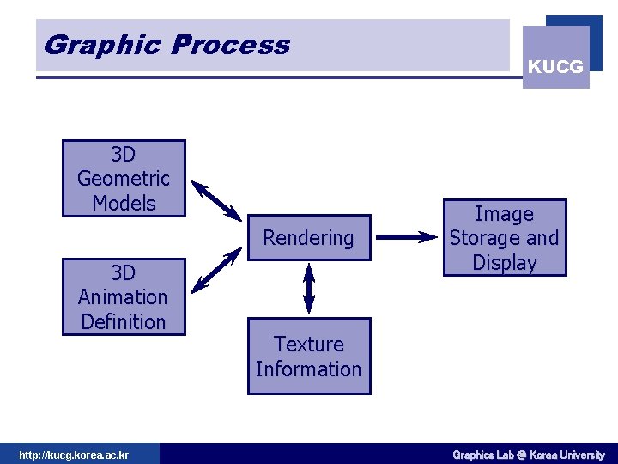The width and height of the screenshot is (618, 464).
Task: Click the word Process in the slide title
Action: [x=231, y=45]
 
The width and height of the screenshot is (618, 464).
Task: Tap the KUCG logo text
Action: [x=555, y=66]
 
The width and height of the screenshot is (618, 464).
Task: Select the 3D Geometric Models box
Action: [x=124, y=178]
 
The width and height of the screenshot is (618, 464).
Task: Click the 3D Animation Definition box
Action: [x=124, y=296]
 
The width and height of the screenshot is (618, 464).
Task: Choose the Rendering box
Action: [x=308, y=238]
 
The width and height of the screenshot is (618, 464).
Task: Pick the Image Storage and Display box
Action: [x=504, y=238]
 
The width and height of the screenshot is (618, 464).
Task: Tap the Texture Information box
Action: [x=309, y=357]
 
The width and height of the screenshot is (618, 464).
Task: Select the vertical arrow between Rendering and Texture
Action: [x=309, y=288]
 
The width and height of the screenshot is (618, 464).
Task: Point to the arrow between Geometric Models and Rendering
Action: [x=216, y=200]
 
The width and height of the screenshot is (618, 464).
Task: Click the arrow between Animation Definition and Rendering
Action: [x=216, y=271]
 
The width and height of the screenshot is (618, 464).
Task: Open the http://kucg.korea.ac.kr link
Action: [x=74, y=455]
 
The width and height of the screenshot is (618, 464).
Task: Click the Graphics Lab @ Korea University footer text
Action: [x=528, y=455]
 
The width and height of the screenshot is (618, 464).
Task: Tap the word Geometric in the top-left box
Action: [x=124, y=179]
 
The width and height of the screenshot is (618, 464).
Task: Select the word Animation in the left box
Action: [x=123, y=297]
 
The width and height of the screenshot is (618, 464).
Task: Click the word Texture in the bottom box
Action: [x=309, y=345]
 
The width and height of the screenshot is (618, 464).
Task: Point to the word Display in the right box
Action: [x=504, y=263]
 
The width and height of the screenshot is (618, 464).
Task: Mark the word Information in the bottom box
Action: [x=308, y=369]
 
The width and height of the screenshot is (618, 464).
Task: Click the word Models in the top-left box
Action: [x=124, y=204]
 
